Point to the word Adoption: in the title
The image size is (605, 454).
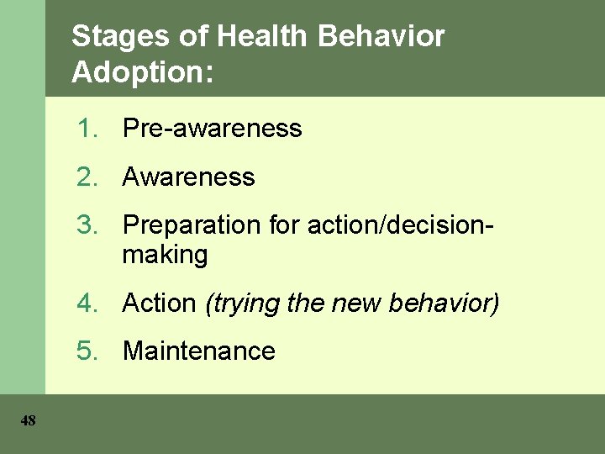click(x=143, y=72)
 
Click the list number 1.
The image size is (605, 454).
click(x=86, y=129)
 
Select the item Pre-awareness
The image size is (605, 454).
click(x=212, y=129)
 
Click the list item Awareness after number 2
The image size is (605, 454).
click(x=188, y=177)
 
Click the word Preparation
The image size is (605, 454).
click(x=192, y=225)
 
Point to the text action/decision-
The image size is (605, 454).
click(x=401, y=225)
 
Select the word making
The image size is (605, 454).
click(x=165, y=255)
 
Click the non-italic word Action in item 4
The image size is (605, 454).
click(x=159, y=304)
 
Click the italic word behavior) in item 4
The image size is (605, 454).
click(x=445, y=304)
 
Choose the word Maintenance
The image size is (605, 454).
click(x=199, y=351)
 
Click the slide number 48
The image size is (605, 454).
click(x=29, y=421)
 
